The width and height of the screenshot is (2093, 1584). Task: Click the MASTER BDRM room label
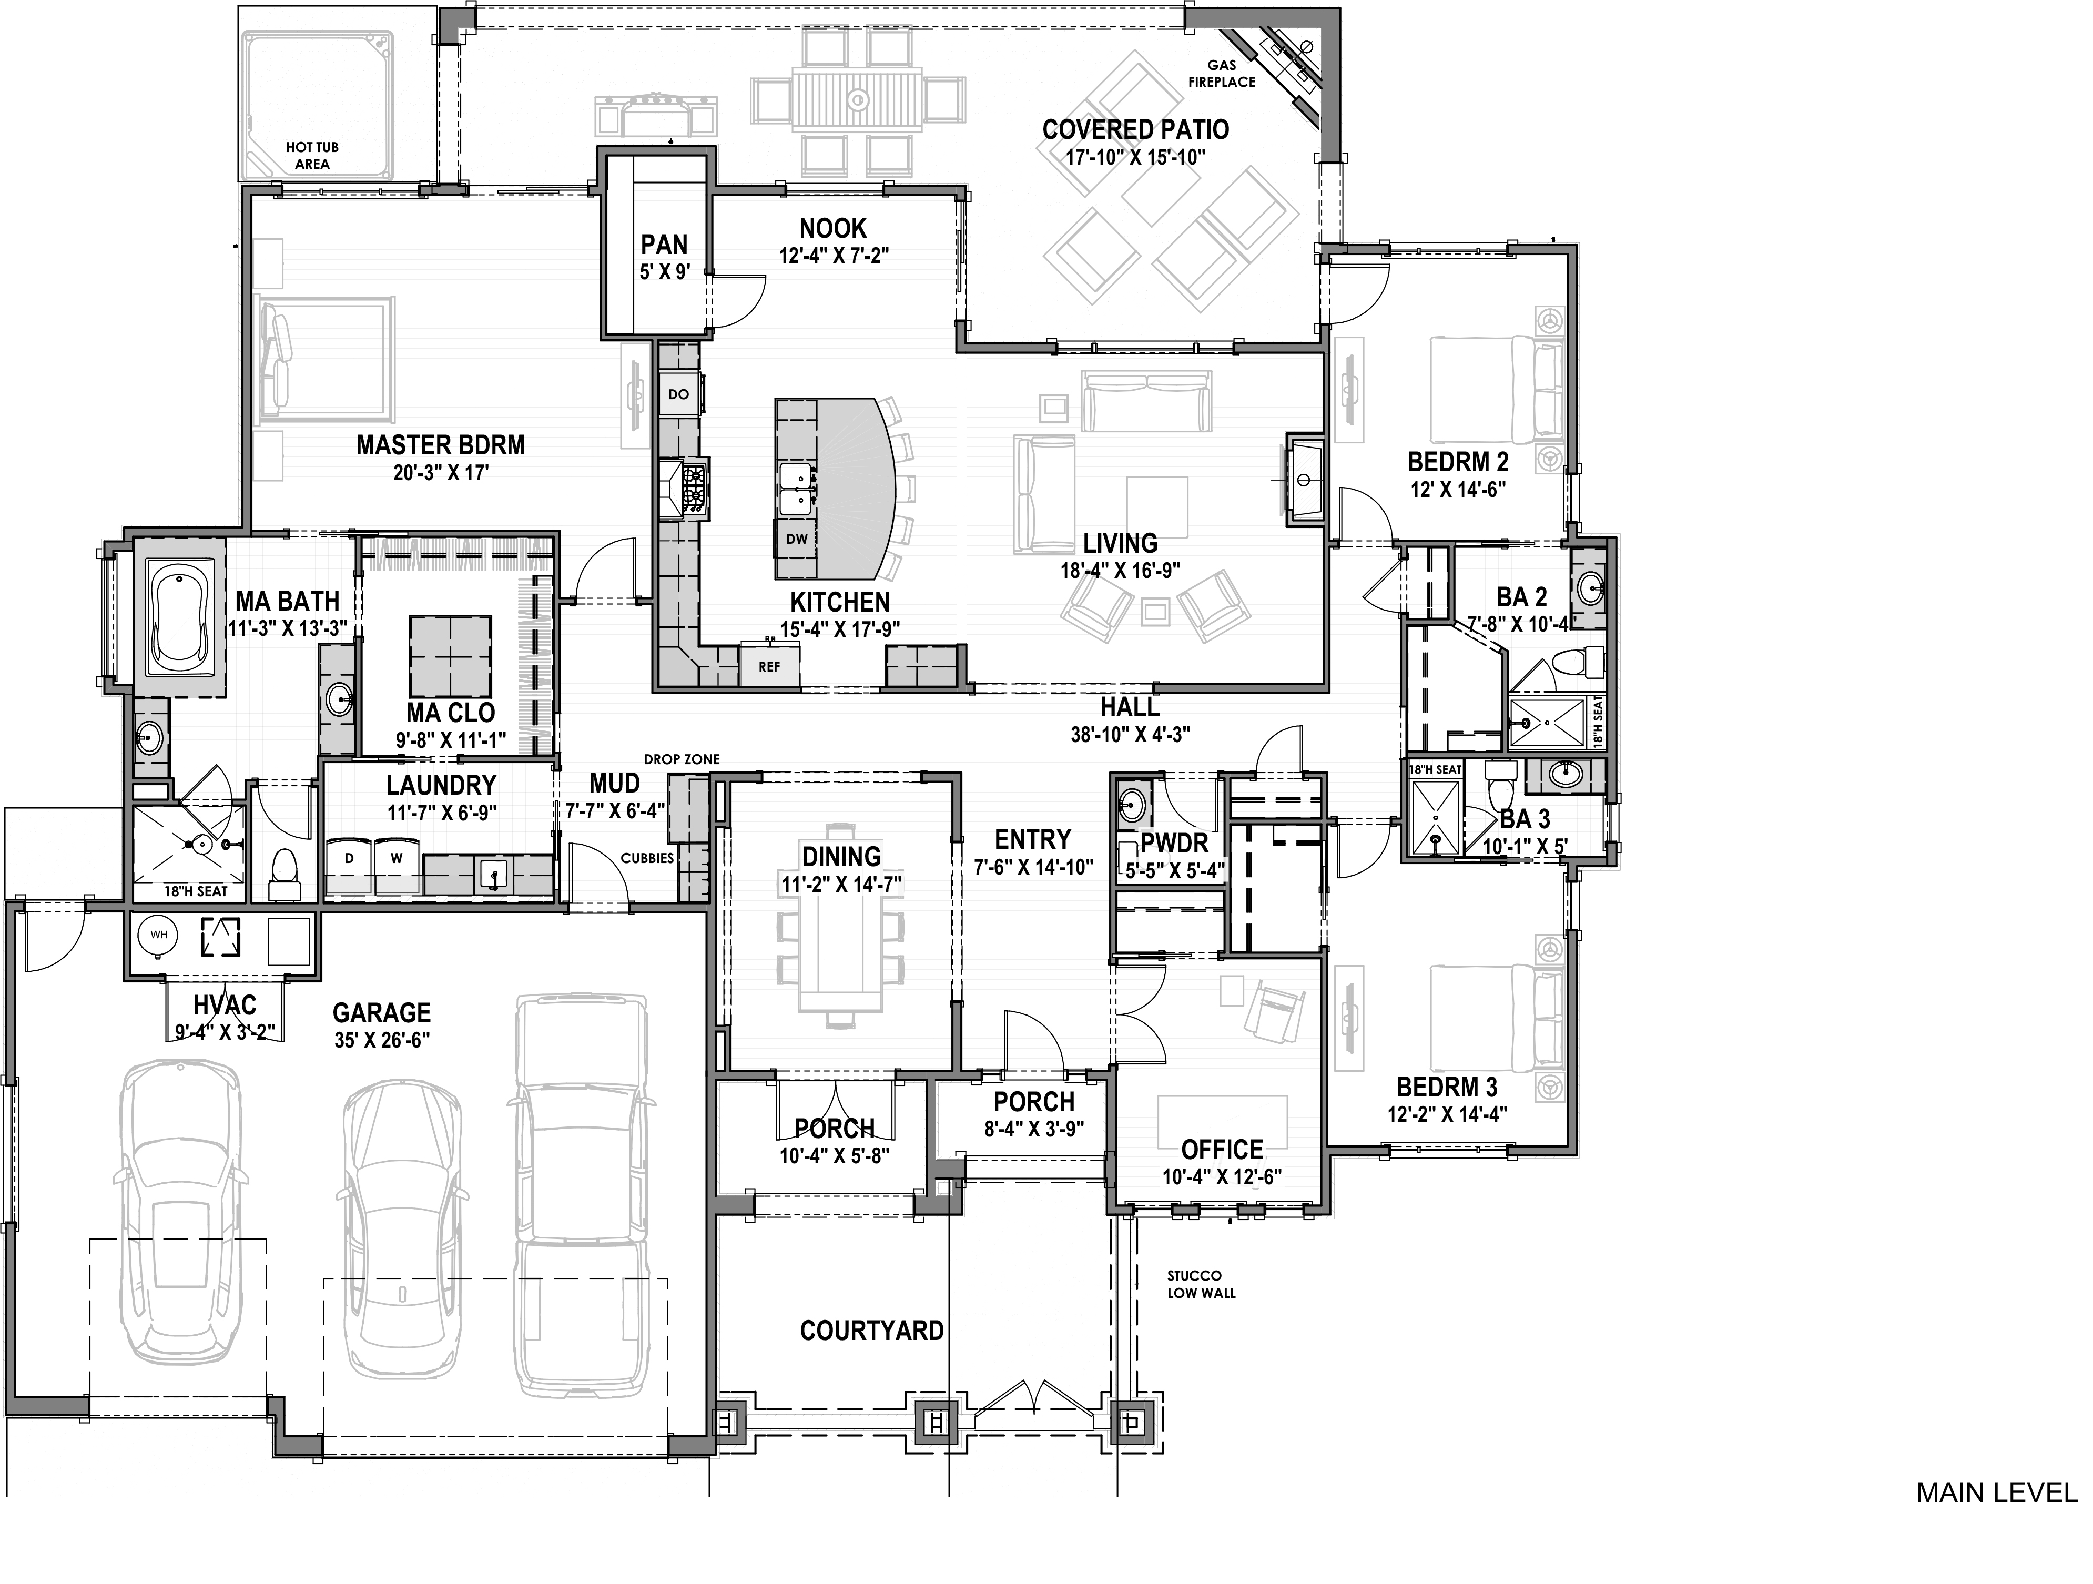tap(440, 445)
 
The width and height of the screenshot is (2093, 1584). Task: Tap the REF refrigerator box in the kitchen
tap(769, 667)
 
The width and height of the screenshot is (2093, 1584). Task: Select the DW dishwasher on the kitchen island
tap(797, 540)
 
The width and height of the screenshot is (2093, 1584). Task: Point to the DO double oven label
tap(678, 394)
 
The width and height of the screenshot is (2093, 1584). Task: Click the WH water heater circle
tap(159, 935)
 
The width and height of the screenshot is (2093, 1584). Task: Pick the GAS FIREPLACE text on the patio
tap(1222, 74)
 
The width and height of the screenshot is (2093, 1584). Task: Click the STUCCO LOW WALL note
tap(1201, 1284)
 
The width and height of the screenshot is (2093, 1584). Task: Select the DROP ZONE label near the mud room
tap(681, 759)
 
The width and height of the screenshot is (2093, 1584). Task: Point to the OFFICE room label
tap(1222, 1150)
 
